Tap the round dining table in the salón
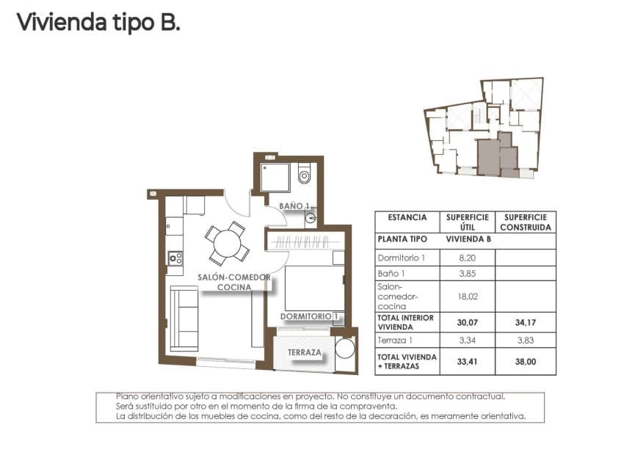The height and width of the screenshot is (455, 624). pos(228,243)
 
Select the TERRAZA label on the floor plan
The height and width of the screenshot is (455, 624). pos(304,352)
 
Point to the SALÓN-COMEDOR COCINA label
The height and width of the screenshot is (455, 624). pos(233,283)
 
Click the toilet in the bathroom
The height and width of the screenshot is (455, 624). pos(305,175)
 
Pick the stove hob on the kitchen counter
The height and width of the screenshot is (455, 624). pos(175,258)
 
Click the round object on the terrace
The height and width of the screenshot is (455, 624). pos(345,348)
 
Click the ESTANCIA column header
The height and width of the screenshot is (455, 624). pos(407,218)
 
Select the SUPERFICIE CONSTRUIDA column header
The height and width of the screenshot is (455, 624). pos(525,222)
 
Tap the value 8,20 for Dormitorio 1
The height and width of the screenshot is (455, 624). pos(467,258)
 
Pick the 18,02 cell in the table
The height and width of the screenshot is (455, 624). pos(467,296)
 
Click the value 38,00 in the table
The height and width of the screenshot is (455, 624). pos(525,362)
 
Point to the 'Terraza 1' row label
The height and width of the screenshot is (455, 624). pos(395,341)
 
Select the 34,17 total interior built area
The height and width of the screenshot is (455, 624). pos(525,322)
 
